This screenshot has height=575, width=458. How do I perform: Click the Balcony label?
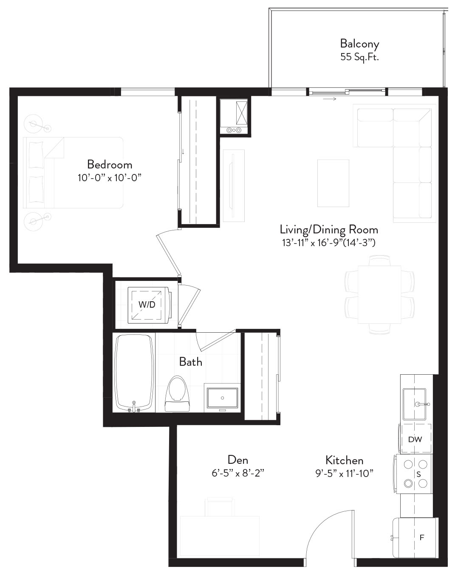(x=359, y=44)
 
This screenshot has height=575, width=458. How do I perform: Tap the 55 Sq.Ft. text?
(x=359, y=57)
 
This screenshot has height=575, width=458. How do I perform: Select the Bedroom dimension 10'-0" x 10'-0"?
(x=110, y=178)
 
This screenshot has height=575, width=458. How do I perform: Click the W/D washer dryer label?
(x=147, y=304)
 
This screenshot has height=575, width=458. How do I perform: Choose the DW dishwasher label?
(x=415, y=439)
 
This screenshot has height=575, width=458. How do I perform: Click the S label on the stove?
(x=418, y=474)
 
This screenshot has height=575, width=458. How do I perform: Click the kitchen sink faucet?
(x=422, y=404)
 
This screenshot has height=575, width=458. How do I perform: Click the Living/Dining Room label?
(x=329, y=230)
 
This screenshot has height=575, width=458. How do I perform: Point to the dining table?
(x=379, y=295)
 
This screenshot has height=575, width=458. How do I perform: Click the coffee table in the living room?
(x=333, y=183)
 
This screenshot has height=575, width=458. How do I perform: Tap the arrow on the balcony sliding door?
(x=329, y=99)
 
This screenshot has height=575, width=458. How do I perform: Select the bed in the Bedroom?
(x=73, y=173)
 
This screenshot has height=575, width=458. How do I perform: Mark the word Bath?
(x=190, y=362)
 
